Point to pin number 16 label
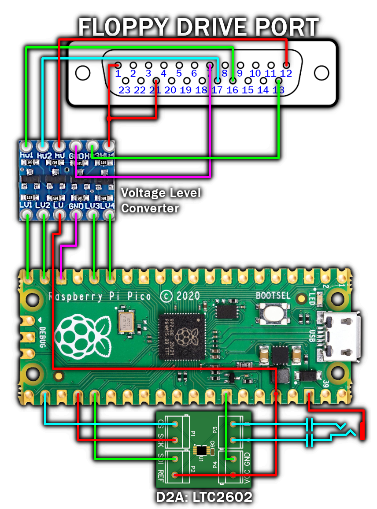(232, 90)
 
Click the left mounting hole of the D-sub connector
(82, 73)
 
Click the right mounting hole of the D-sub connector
(322, 73)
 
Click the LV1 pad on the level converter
(28, 215)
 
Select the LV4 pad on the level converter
(109, 215)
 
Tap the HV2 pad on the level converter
(43, 145)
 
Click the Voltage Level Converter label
(161, 200)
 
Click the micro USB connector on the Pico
(339, 337)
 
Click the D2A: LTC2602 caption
(204, 497)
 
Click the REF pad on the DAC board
(175, 475)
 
